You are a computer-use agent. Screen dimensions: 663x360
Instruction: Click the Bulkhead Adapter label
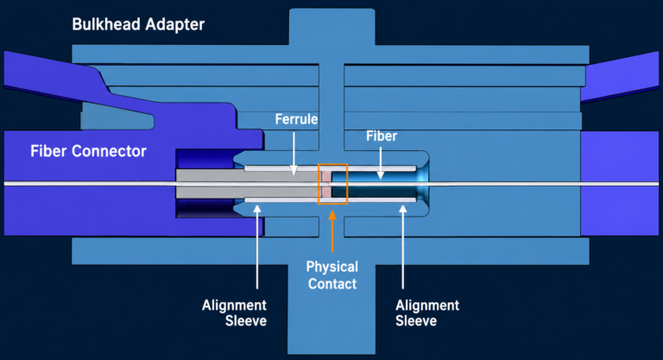[x=138, y=24]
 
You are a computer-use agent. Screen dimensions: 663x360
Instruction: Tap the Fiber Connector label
[x=88, y=151]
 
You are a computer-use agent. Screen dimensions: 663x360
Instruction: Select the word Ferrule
[x=296, y=119]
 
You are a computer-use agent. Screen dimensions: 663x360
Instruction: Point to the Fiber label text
[x=382, y=136]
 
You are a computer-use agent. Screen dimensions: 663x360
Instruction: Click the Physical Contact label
[x=332, y=275]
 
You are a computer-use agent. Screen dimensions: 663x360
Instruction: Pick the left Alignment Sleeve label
[x=234, y=313]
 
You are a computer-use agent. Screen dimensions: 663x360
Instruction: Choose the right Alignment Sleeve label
[x=427, y=313]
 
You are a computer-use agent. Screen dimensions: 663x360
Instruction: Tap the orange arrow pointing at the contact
[x=332, y=231]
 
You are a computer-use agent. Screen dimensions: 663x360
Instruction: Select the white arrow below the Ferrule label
[x=294, y=154]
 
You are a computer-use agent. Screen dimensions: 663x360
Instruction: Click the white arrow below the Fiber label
[x=381, y=163]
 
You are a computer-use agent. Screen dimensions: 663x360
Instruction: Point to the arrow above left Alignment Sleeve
[x=257, y=247]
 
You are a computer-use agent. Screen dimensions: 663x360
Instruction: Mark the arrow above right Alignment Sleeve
[x=402, y=247]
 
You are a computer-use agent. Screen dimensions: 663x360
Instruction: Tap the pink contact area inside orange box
[x=326, y=184]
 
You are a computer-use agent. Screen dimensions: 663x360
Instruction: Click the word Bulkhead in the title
[x=105, y=24]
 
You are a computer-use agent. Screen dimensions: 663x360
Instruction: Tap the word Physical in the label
[x=332, y=267]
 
